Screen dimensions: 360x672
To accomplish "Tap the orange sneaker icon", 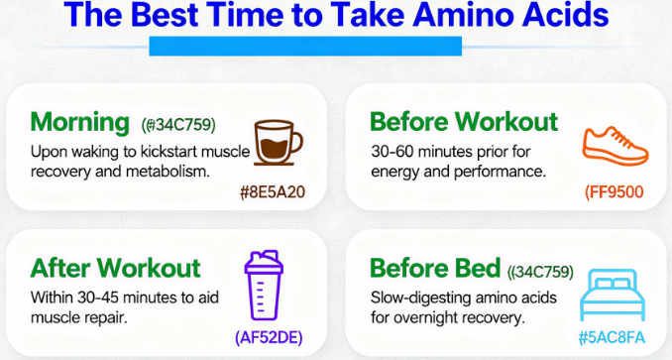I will [615, 145].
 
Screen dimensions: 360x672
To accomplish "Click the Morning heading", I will [80, 123].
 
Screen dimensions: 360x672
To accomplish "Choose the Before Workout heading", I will [464, 123].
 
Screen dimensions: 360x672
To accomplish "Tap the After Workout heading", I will [115, 268].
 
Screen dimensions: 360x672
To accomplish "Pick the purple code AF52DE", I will [269, 337].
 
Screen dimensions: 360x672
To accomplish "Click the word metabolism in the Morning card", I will [177, 172].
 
